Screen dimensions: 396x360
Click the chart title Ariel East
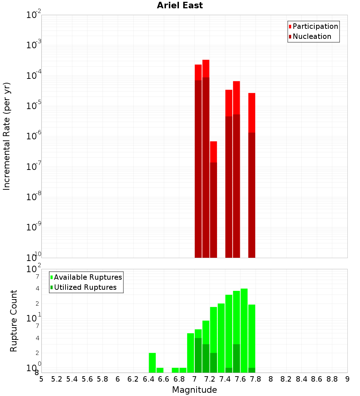click(x=180, y=5)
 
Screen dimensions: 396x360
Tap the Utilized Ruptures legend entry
click(x=85, y=287)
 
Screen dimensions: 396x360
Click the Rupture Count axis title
click(x=14, y=321)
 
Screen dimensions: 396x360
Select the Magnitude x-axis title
click(x=194, y=390)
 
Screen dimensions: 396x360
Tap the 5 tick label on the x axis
click(x=41, y=379)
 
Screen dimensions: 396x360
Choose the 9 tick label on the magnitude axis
click(x=347, y=379)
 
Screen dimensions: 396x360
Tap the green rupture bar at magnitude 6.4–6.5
click(x=152, y=363)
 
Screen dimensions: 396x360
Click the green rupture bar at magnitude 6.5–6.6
click(x=160, y=370)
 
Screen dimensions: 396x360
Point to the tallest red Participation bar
click(x=206, y=68)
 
